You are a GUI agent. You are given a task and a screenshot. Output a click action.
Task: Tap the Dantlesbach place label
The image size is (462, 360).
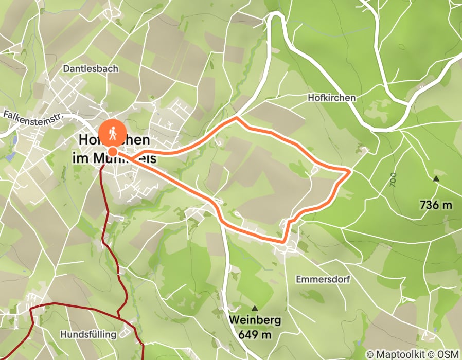point(91,68)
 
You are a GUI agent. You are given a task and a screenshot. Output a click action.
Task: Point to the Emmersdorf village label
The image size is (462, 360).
point(323,279)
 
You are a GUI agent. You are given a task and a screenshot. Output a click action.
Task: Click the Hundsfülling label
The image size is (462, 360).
point(88,334)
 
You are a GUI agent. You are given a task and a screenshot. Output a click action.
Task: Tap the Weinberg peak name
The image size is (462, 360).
point(255,320)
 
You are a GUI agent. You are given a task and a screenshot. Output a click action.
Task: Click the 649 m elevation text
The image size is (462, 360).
point(255,335)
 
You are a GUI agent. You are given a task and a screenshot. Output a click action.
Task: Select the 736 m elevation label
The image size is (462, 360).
point(436,205)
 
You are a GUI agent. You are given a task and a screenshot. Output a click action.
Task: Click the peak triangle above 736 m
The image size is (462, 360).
point(436,179)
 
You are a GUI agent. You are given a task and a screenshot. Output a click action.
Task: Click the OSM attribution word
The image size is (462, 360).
point(448,354)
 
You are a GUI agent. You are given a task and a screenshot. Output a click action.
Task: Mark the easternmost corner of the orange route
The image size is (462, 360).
point(350,170)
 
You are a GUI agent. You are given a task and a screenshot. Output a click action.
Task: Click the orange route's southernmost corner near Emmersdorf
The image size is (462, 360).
point(283,240)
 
